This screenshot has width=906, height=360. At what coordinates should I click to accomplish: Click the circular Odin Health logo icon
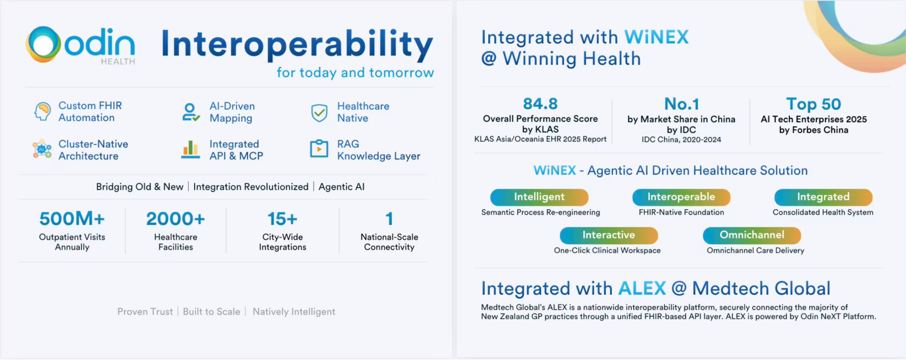[43, 45]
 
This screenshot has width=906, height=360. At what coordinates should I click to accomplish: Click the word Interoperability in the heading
[297, 45]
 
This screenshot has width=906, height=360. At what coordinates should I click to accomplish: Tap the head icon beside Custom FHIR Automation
[42, 111]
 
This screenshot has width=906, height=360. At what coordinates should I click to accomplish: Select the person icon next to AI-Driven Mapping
[191, 112]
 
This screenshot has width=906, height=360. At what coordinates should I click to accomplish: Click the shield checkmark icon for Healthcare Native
[319, 112]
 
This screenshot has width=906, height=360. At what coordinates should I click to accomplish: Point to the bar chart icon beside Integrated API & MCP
[191, 150]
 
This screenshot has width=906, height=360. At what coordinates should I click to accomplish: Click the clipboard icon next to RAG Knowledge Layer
[319, 149]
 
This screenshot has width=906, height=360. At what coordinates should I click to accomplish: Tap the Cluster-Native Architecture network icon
[42, 149]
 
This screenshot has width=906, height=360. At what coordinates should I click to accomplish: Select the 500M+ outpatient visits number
[72, 219]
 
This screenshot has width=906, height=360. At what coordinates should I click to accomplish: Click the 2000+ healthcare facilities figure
[176, 219]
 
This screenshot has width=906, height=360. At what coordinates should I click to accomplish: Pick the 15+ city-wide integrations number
[282, 219]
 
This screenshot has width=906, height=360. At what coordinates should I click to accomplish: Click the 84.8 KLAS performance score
[540, 104]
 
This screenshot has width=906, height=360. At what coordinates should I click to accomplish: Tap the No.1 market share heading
[681, 104]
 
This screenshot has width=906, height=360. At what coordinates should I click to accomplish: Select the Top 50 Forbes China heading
[813, 104]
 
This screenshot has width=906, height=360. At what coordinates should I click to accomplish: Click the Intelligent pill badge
[539, 197]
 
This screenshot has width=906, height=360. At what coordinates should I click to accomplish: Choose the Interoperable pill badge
[681, 197]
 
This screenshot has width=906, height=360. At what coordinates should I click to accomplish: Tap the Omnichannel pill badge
[752, 235]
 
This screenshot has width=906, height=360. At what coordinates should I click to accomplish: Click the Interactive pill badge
[608, 235]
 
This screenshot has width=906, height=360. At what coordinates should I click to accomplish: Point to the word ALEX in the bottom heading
[642, 289]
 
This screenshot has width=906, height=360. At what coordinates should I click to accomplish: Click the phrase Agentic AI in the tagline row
[341, 187]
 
